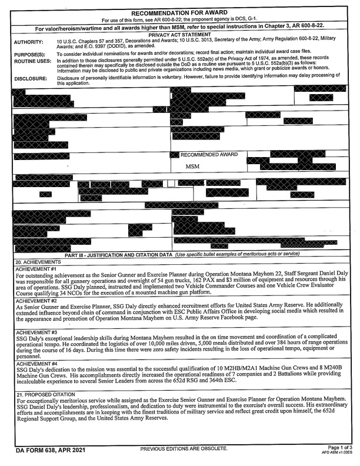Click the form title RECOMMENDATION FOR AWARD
pyautogui.click(x=180, y=12)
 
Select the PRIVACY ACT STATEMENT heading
pyautogui.click(x=180, y=35)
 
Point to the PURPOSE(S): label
pyautogui.click(x=29, y=54)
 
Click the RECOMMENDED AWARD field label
pyautogui.click(x=209, y=155)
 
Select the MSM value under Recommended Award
pyautogui.click(x=193, y=167)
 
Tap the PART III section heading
pyautogui.click(x=118, y=254)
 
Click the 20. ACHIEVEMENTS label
pyautogui.click(x=37, y=261)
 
